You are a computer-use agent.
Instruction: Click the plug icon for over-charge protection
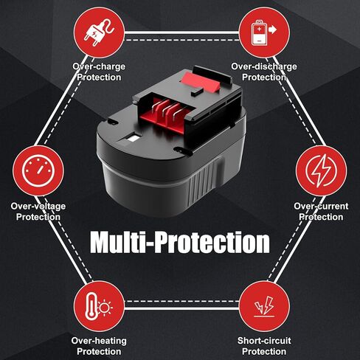coord(99,32)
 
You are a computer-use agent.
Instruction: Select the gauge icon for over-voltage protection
coord(38,171)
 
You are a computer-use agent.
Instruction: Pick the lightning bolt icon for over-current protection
coord(321,170)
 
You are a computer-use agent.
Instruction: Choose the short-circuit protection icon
coord(264,307)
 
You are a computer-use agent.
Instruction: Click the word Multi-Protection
coord(180,242)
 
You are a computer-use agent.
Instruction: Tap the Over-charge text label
coord(99,66)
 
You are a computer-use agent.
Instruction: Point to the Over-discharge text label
coord(264,66)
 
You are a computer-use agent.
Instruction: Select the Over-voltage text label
coord(38,207)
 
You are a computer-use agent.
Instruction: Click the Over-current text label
coord(321,207)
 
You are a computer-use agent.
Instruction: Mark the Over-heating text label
coord(99,341)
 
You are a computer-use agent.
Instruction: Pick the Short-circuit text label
coord(264,341)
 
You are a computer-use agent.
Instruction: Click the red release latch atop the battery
coord(200,82)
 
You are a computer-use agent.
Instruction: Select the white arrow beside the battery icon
coord(272,30)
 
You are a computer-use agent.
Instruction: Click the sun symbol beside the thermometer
coord(105,308)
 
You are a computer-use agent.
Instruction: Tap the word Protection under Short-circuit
coord(264,351)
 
